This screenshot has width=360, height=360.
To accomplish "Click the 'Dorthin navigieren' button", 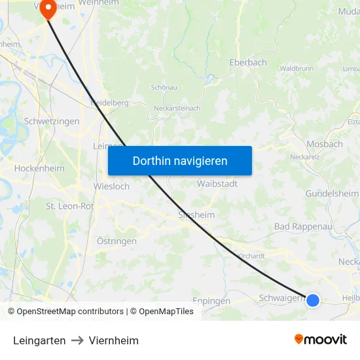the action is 179,160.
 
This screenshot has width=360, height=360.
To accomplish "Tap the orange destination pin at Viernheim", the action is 48,8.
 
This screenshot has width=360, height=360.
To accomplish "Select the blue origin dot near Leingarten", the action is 313,300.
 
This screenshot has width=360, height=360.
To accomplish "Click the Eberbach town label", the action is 248,62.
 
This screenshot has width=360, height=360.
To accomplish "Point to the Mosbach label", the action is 325,144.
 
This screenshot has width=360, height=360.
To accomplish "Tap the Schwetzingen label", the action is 52,121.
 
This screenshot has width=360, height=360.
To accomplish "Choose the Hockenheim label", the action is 39,168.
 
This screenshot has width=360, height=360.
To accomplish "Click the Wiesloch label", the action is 112,186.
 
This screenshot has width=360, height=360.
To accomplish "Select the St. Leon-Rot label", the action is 69,206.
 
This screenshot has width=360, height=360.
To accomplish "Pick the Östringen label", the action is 117,241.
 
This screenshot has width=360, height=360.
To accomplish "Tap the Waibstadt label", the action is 217,184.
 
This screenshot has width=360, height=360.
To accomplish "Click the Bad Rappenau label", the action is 303,226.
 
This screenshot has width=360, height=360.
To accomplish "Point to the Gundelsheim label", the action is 332,194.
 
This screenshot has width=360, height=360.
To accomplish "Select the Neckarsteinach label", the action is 177,108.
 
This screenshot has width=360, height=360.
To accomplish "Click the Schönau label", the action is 164,87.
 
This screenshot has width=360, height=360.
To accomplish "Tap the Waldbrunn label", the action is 297,68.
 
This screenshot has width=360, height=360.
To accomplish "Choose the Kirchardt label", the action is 251,256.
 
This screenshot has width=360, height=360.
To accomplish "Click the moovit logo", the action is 321,339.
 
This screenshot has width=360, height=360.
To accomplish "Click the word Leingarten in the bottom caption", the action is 39,340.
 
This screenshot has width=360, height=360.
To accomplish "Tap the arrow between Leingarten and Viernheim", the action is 77,340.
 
